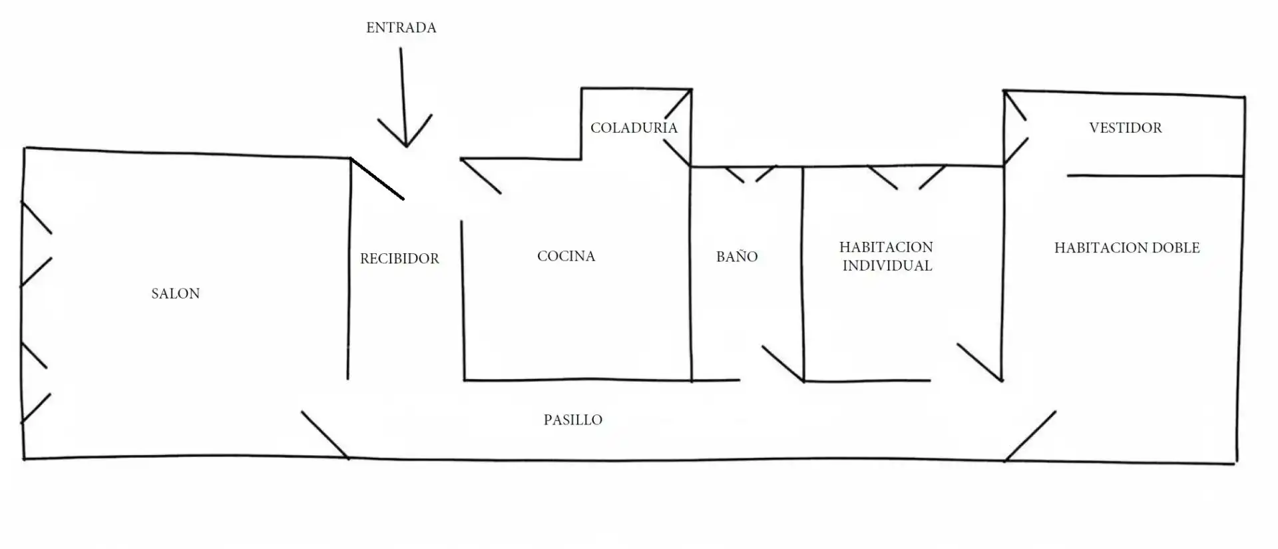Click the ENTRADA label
(401, 28)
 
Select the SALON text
(175, 294)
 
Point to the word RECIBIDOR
(399, 259)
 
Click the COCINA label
(566, 256)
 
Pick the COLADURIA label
(634, 128)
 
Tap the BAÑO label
(737, 256)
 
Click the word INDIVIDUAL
(887, 266)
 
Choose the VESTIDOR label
(1126, 128)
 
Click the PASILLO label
(572, 420)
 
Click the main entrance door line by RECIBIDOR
(377, 179)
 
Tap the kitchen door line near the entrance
(480, 176)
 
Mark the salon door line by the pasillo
(324, 434)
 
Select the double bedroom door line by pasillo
(1030, 436)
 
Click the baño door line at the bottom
(783, 363)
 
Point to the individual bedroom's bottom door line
(980, 362)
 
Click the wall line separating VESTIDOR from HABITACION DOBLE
(1155, 176)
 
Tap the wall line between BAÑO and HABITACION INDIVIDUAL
(803, 274)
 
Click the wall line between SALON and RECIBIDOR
(349, 269)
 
